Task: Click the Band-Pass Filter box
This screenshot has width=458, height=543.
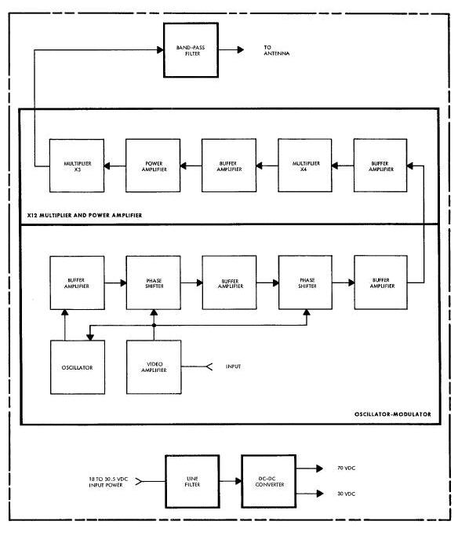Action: click(x=191, y=50)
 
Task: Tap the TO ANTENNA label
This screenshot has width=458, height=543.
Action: click(x=277, y=50)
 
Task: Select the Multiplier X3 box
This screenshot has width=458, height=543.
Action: click(x=77, y=166)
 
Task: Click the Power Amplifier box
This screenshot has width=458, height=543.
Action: click(x=153, y=166)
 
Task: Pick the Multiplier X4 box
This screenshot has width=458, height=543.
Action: click(x=305, y=166)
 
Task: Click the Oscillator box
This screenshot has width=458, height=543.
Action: click(x=78, y=367)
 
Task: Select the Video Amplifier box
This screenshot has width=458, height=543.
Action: click(x=154, y=367)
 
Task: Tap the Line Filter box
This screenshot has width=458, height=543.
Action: click(x=192, y=481)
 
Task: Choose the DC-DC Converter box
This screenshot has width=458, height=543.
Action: click(x=269, y=481)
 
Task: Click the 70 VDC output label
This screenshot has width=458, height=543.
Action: click(x=346, y=468)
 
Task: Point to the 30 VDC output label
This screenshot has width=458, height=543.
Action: click(x=346, y=494)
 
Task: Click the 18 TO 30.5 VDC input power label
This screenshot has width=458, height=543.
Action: click(x=108, y=482)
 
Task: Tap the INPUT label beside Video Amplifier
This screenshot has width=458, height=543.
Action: click(x=234, y=366)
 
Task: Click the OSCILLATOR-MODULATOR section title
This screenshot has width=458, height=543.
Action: click(x=393, y=414)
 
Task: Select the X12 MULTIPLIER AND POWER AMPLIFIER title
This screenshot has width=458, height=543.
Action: click(x=85, y=215)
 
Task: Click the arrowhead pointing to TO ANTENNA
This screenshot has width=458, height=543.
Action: click(x=241, y=50)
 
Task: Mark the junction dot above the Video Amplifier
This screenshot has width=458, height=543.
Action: click(x=154, y=325)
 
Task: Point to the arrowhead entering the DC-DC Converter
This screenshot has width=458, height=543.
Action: click(x=238, y=481)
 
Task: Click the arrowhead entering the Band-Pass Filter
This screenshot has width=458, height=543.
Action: click(x=160, y=50)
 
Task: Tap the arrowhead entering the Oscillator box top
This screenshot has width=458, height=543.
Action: click(x=90, y=337)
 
